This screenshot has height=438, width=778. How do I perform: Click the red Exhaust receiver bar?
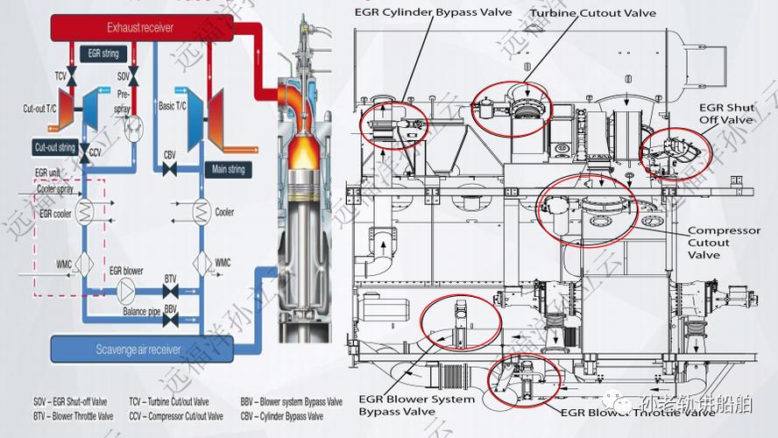pos(140,27)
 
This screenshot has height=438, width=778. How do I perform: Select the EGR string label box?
pos(103,54)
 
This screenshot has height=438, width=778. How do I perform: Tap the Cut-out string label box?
pos(54,147)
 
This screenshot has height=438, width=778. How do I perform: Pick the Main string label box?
pos(224,168)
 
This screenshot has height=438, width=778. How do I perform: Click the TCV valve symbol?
pos(73,81)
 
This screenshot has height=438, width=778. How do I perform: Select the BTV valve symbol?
pos(171,289)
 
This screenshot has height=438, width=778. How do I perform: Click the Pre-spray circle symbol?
pos(133,131)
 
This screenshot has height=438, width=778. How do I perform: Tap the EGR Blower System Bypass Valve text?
pos(416,405)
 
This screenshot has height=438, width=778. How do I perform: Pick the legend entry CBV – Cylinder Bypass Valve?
pos(291,415)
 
